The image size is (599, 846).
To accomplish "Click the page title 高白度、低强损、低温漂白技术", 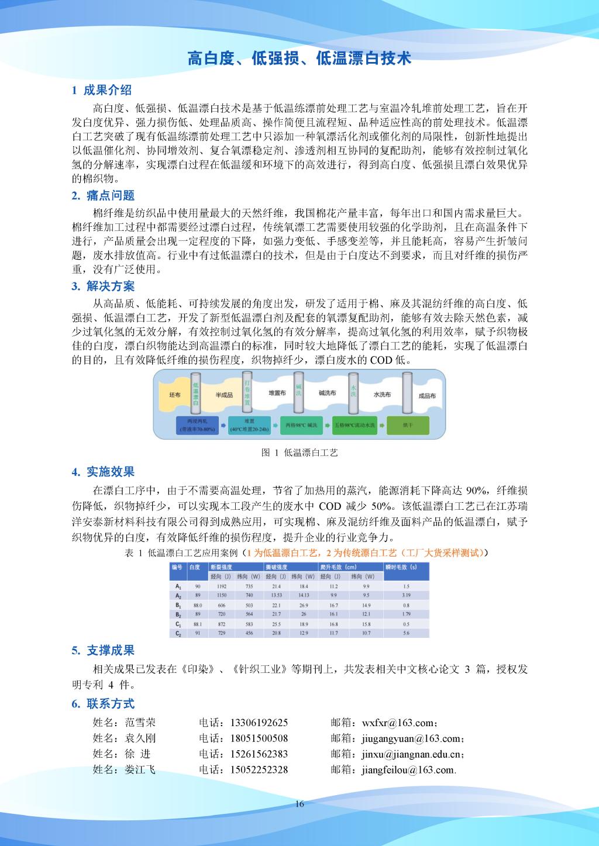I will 299,58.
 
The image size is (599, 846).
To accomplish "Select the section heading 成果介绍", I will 108,90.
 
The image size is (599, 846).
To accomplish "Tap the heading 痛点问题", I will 111,195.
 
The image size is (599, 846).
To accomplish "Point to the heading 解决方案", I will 111,286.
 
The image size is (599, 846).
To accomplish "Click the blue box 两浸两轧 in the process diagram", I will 197,424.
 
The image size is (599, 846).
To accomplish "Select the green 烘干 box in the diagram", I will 407,424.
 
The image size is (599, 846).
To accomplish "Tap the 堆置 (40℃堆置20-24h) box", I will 249,424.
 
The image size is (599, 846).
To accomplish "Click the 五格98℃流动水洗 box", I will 354,424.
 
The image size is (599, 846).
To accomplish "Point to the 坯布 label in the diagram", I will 174,395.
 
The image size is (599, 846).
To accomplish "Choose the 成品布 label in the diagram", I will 427,396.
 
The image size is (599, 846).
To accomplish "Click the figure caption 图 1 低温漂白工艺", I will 299,453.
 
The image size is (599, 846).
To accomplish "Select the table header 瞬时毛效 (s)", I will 401,567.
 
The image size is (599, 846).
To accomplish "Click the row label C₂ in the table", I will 178,633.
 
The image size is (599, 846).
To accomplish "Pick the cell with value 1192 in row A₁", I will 222,586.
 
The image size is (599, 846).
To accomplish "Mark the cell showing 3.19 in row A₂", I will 406,595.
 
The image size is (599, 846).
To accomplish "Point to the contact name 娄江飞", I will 140,769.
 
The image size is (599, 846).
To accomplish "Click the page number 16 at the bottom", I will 299,804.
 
